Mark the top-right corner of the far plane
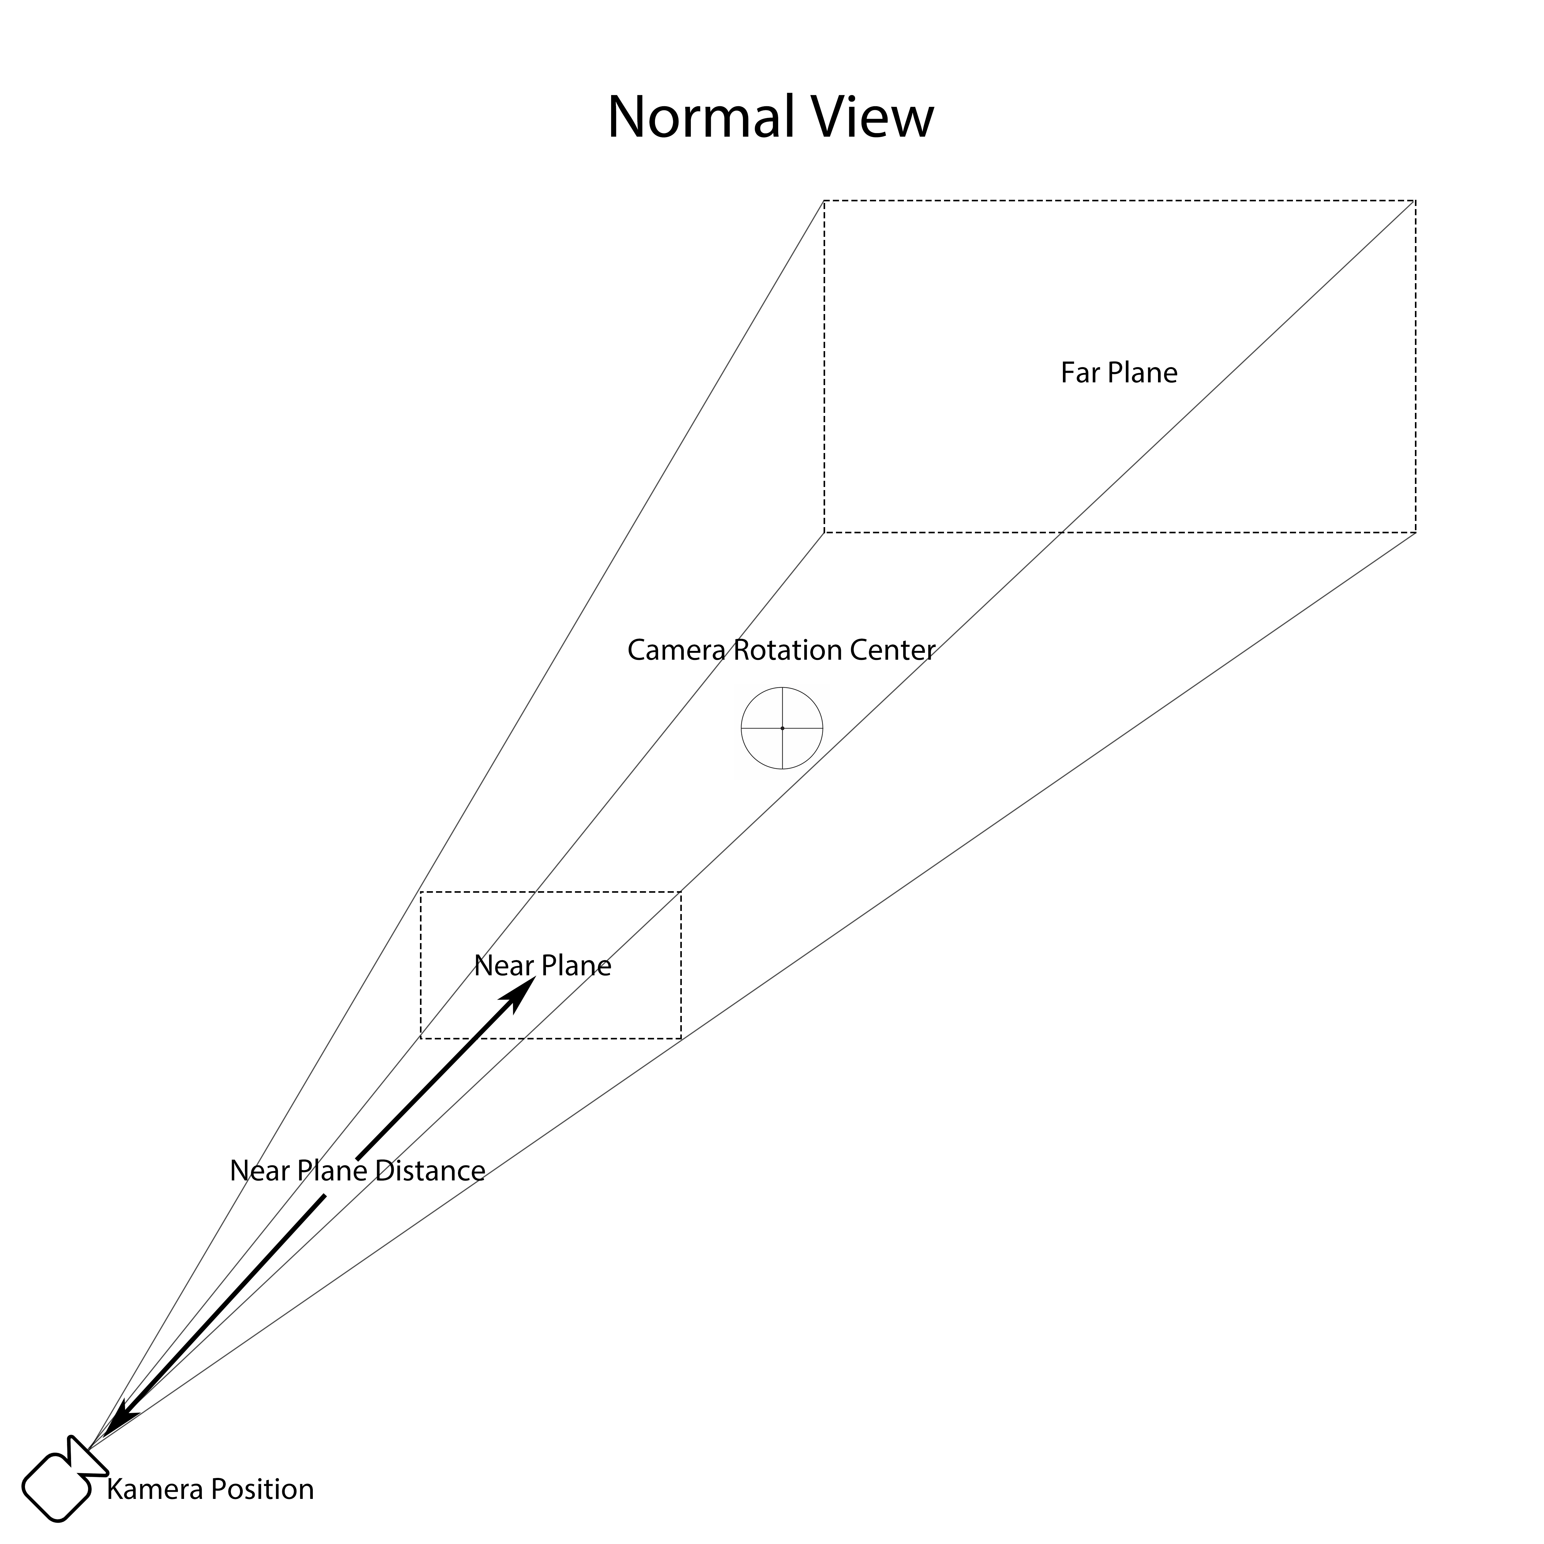(1415, 201)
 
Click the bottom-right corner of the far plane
(1415, 532)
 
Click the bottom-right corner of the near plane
(681, 1039)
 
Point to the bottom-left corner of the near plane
(421, 1039)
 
